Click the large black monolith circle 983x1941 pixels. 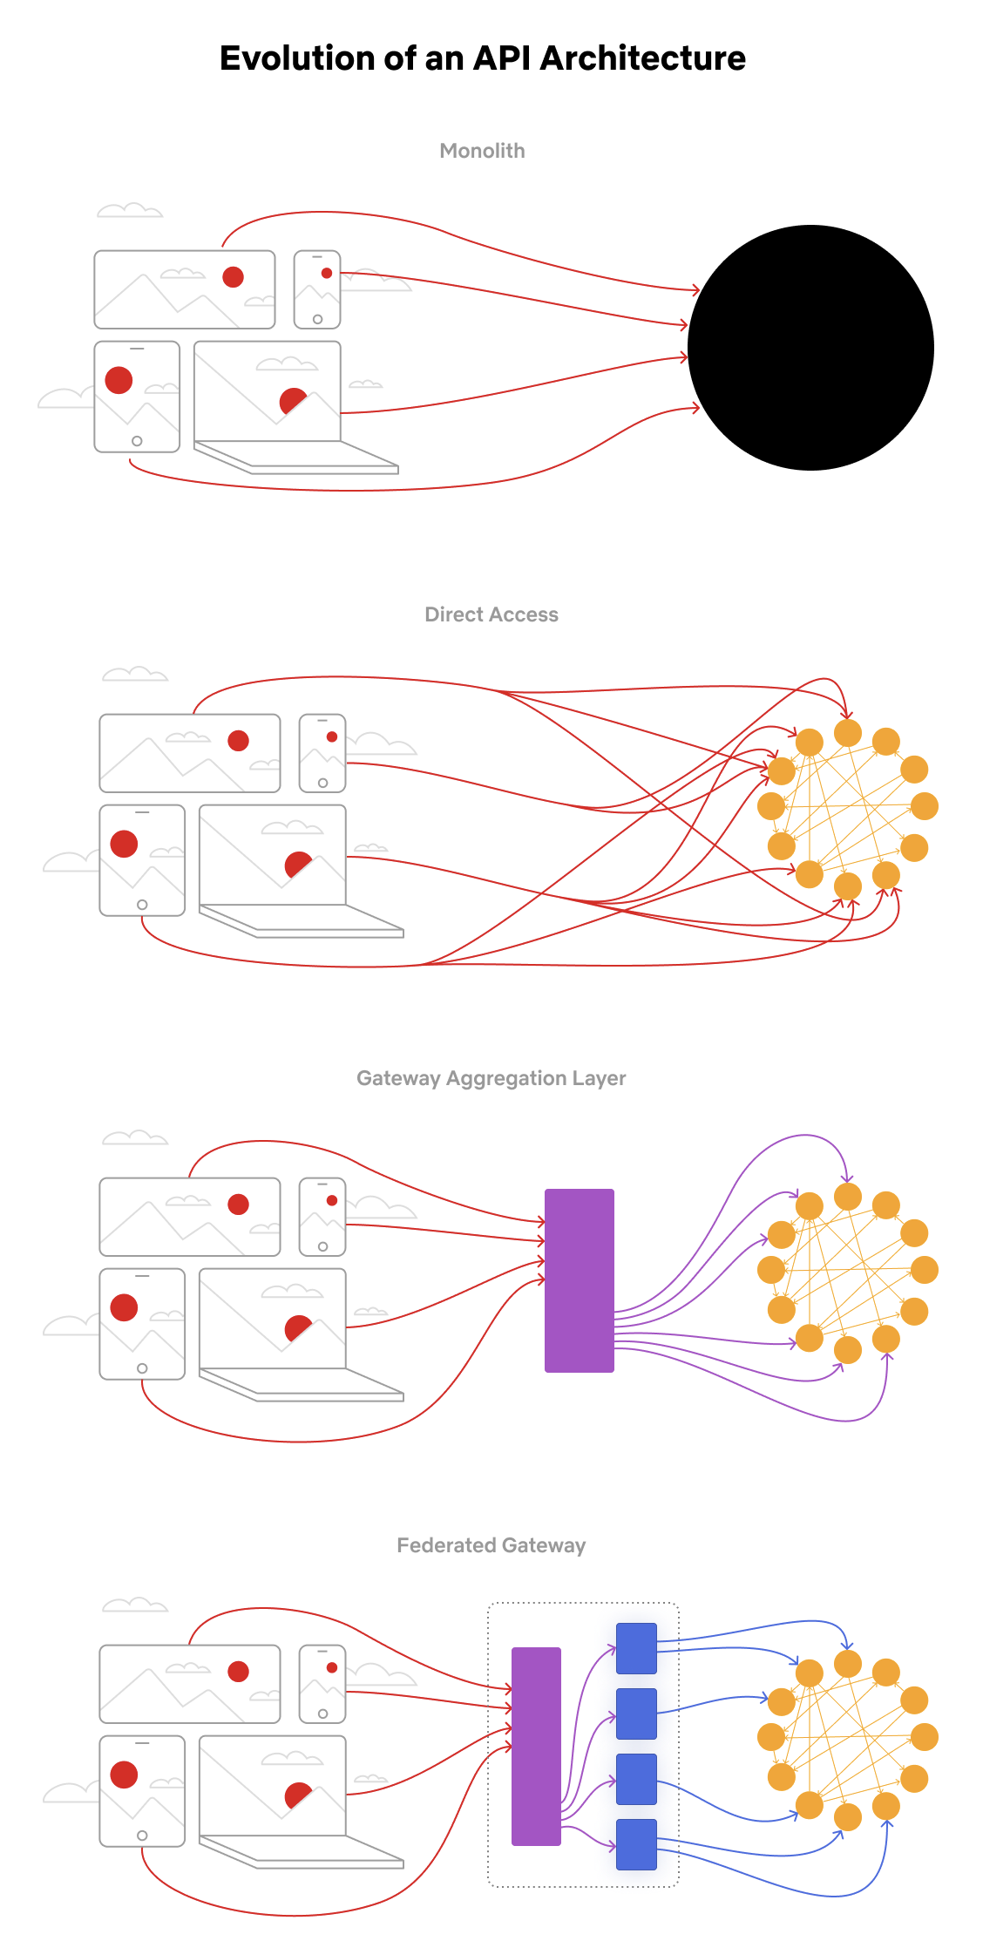pos(810,348)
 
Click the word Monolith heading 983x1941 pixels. pos(482,151)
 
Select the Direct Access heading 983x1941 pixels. pos(491,614)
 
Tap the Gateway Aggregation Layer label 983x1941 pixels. pos(491,1078)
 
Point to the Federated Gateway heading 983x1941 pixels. pos(491,1545)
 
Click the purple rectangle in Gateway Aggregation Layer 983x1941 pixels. pos(579,1280)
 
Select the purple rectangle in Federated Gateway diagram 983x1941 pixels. pos(535,1746)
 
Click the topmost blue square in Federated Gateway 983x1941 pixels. pos(636,1648)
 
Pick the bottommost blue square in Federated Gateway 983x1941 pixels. pos(636,1844)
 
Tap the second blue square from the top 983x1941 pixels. pos(636,1714)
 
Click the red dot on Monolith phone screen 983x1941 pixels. pos(327,273)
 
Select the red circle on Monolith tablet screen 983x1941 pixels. pos(119,380)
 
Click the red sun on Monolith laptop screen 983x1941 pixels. pos(292,400)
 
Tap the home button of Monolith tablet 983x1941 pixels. pos(137,441)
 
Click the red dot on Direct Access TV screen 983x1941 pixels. pos(238,741)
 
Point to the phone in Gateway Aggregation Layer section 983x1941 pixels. pos(322,1217)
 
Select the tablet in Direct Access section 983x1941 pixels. pos(142,860)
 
